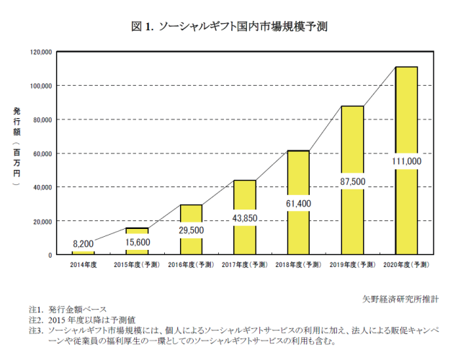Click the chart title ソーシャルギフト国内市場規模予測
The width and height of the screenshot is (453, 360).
coord(230,27)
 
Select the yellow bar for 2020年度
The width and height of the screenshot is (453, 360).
coord(406,115)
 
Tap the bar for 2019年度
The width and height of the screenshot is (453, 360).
coord(352,144)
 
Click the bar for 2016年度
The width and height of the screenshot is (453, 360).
coord(191,216)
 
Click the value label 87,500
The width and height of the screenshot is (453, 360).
coord(352,182)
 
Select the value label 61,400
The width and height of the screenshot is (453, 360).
coord(298,204)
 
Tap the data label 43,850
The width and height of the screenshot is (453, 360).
coord(245,218)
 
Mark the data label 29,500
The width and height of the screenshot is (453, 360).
coord(191,230)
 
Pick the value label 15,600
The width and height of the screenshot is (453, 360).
coord(137,242)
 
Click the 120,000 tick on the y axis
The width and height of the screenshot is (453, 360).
coord(40,52)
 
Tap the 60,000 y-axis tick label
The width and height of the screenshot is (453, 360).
coord(42,153)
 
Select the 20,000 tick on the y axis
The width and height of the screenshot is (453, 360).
coord(42,221)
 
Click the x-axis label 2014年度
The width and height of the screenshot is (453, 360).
coord(84,266)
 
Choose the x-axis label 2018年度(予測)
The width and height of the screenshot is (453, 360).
coord(298,266)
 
